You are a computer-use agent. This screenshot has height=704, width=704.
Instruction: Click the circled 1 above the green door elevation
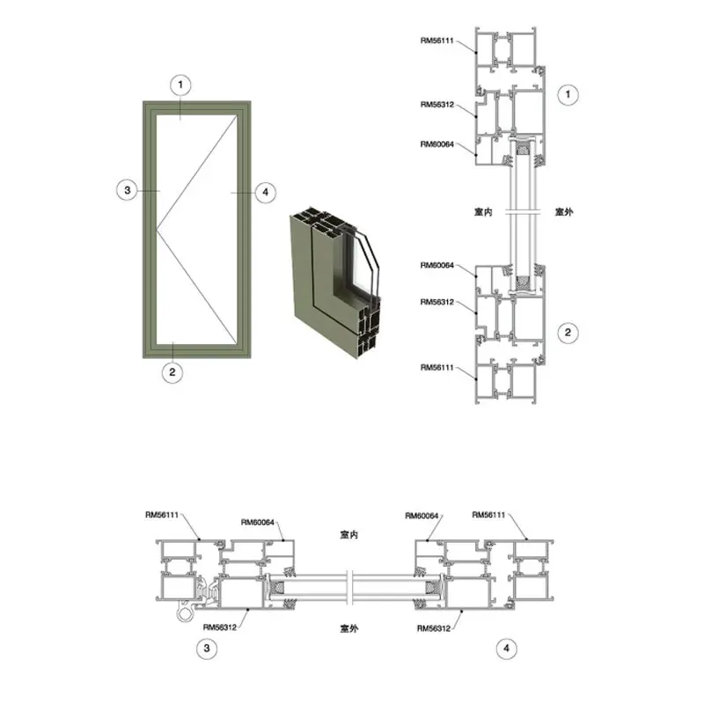pos(180,84)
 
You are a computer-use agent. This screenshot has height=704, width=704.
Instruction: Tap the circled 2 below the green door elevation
pos(172,372)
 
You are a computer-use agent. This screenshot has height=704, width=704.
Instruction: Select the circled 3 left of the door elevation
pos(127,190)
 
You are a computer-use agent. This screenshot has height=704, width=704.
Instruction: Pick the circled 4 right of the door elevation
pos(266,193)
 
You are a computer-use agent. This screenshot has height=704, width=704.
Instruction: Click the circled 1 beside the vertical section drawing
pos(568,95)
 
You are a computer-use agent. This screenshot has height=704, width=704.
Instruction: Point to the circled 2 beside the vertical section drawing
pos(568,333)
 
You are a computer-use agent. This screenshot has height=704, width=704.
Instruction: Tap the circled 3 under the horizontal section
pos(207,649)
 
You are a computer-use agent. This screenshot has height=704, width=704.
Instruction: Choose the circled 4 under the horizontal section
pos(507,649)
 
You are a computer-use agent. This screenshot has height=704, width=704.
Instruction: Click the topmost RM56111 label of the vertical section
pos(436,40)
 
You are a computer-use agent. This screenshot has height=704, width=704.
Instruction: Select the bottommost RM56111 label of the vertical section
pos(436,367)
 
